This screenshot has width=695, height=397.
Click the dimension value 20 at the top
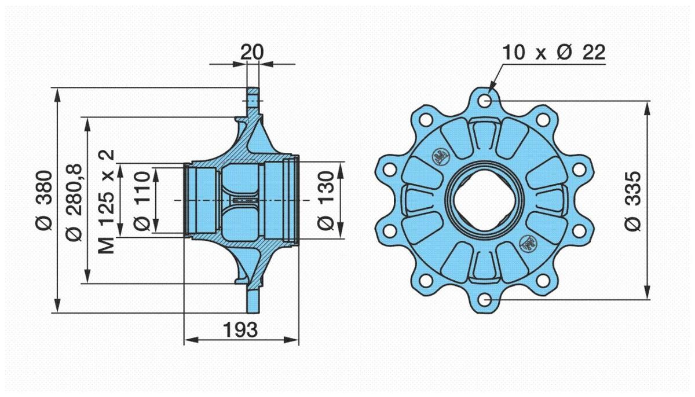252,52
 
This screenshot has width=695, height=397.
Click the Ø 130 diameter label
325,200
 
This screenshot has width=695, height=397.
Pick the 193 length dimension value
240,330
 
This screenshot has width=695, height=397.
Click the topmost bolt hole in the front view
486,101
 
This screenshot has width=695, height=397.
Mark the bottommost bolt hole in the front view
486,299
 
